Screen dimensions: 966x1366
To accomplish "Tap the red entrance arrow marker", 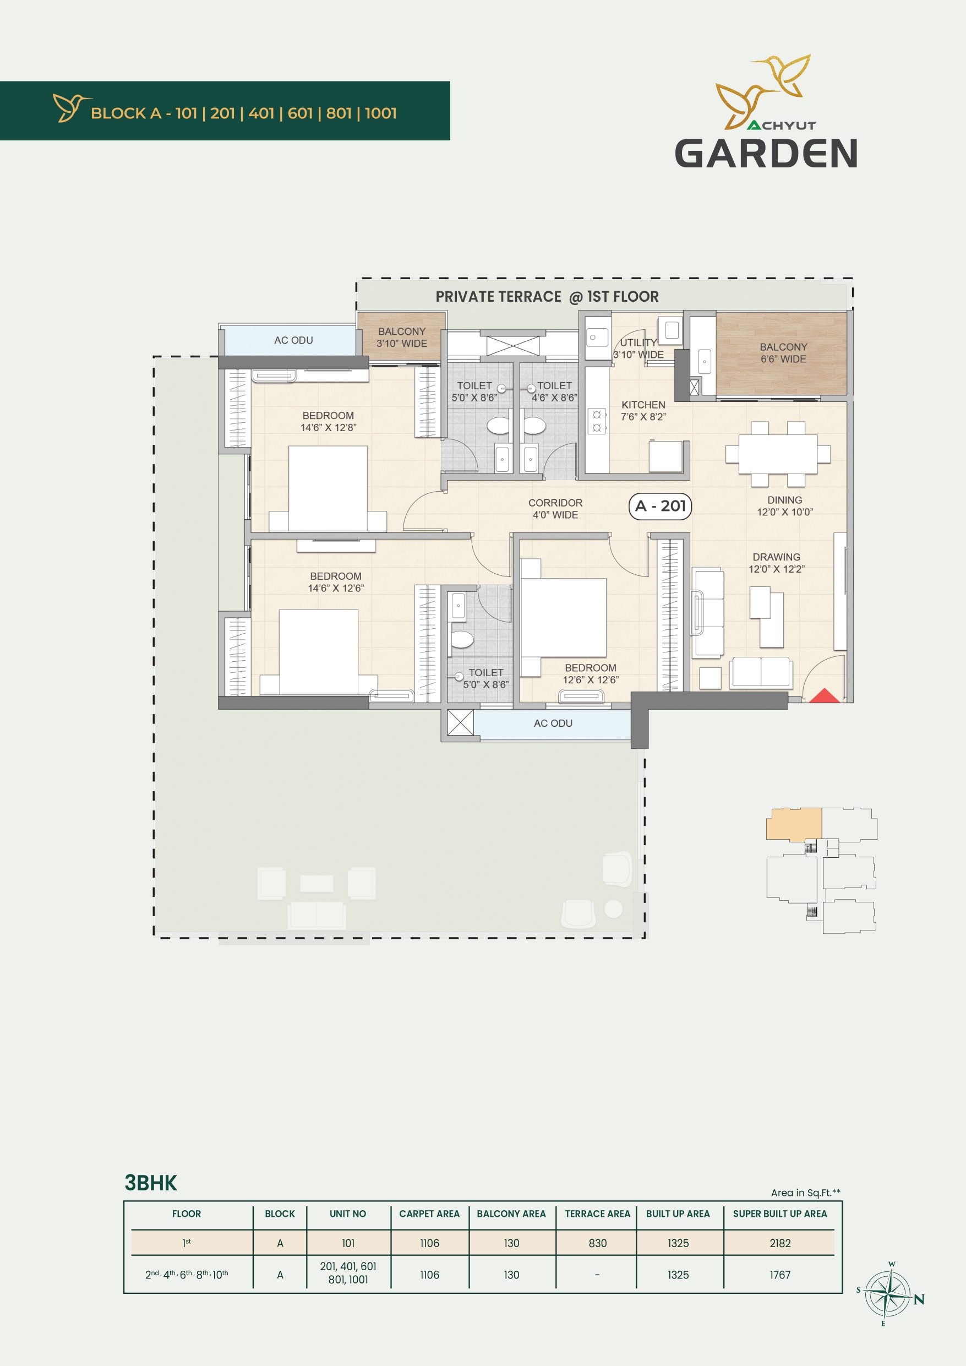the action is [x=824, y=696].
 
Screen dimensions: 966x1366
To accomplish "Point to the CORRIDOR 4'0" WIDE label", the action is [x=555, y=509].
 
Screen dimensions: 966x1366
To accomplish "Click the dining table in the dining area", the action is [x=777, y=454].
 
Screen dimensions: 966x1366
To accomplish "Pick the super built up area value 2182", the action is [x=780, y=1243].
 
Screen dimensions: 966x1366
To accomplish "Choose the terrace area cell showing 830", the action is [x=597, y=1243].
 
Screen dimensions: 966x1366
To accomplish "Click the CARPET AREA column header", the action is [x=429, y=1213].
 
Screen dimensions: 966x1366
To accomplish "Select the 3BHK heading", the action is [x=150, y=1183].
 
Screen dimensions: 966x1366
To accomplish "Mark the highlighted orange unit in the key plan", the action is [x=794, y=824].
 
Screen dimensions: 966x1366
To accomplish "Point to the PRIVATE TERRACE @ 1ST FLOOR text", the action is [x=547, y=296].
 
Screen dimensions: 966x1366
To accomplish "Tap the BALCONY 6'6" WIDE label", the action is [x=783, y=353].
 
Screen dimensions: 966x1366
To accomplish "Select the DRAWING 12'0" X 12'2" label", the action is [x=776, y=563].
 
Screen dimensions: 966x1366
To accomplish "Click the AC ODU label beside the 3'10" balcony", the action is [x=293, y=340].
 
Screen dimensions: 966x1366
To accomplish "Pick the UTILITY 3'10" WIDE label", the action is [x=638, y=349].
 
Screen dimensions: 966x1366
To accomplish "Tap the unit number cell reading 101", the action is [x=348, y=1243].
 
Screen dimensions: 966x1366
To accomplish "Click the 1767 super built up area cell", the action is [x=780, y=1275].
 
